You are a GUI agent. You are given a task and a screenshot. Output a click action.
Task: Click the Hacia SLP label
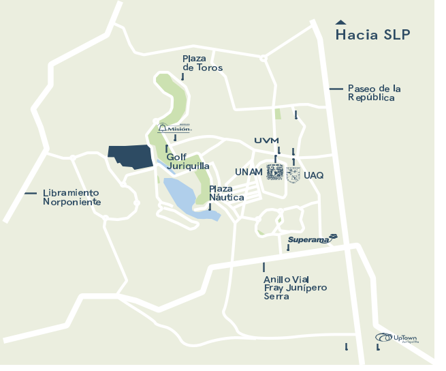pyautogui.click(x=372, y=35)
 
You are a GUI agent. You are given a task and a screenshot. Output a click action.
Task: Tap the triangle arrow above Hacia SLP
pyautogui.click(x=340, y=21)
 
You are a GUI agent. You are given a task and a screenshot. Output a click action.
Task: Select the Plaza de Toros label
pyautogui.click(x=202, y=63)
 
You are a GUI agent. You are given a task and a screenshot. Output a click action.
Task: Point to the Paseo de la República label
pyautogui.click(x=374, y=93)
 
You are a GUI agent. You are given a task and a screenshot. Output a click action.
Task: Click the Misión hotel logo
pyautogui.click(x=175, y=128)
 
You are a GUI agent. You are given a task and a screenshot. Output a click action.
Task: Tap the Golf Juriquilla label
pyautogui.click(x=187, y=161)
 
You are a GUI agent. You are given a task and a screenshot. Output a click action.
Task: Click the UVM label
pyautogui.click(x=267, y=140)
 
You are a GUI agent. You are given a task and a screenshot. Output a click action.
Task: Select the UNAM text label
pyautogui.click(x=249, y=171)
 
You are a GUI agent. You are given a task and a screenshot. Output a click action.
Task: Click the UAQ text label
pyautogui.click(x=314, y=175)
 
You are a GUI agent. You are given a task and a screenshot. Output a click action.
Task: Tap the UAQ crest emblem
pyautogui.click(x=293, y=175)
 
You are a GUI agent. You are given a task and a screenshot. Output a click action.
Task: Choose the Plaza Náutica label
pyautogui.click(x=226, y=193)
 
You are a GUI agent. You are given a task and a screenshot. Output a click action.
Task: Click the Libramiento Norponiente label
pyautogui.click(x=71, y=197)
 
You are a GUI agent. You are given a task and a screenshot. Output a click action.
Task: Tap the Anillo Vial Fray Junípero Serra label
pyautogui.click(x=295, y=288)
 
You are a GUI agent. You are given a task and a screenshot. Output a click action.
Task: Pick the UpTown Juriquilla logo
pyautogui.click(x=398, y=338)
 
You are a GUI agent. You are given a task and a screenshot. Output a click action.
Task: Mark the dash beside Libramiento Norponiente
pyautogui.click(x=30, y=193)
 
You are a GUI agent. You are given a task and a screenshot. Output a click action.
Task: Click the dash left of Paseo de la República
pyautogui.click(x=336, y=89)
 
